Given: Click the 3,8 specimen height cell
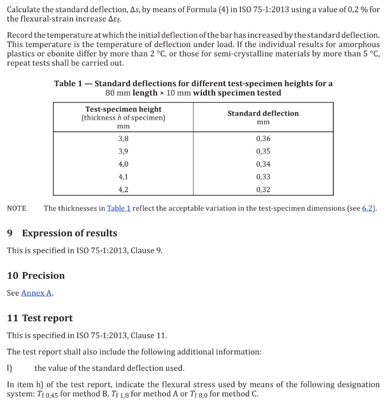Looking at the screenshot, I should pos(123,139).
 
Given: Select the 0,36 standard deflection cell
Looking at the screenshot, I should pos(263,139).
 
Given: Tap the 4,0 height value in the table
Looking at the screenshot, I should pos(123,164).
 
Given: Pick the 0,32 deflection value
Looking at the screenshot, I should pos(263,189).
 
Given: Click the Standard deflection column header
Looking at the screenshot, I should pos(263,113).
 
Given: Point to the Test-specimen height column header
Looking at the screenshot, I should pos(123,110).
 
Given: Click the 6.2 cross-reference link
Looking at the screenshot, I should pos(367,208).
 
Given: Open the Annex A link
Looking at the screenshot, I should pos(37,293).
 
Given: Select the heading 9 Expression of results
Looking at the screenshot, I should pos(62,233).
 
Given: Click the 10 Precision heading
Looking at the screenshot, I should pos(36,276).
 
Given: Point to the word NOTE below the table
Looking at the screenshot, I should pos(17,208).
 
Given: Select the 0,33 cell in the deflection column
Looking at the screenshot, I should pos(263,176).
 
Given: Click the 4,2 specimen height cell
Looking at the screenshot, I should pos(123,189).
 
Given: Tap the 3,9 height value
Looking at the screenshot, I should pos(123,151).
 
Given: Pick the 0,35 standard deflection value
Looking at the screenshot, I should pos(263,151).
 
